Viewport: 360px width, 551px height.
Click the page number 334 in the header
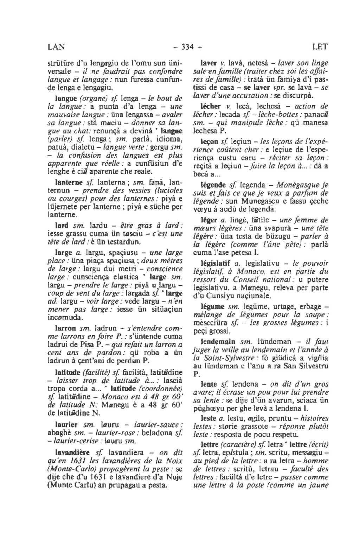point(186,46)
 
